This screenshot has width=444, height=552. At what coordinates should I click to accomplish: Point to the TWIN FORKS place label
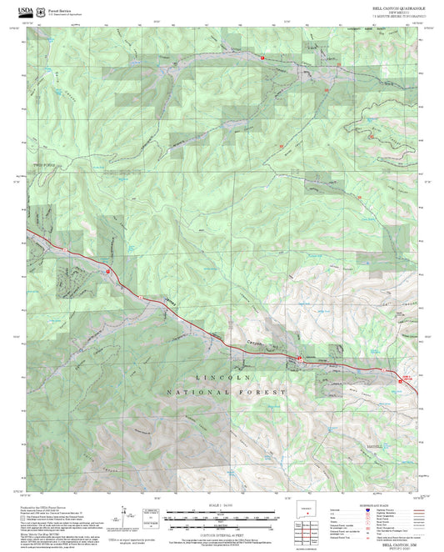point(42,166)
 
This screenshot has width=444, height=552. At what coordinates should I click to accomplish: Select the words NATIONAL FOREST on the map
point(225,390)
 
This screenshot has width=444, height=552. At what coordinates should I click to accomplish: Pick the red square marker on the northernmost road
point(262,58)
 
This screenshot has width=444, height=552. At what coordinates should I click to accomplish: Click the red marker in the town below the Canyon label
point(298,357)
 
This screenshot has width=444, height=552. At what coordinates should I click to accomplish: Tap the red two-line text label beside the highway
point(407,378)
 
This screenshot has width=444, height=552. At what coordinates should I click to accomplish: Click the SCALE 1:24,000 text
point(222,504)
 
